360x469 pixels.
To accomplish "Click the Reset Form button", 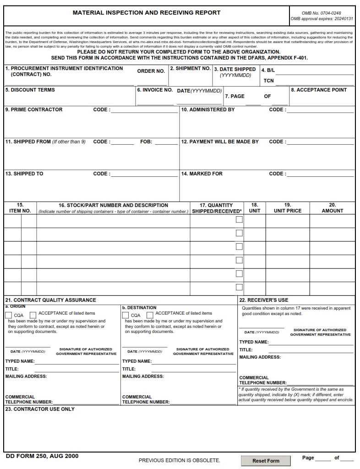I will point(266,461).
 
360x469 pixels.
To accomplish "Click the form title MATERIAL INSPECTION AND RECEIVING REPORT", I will point(147,13).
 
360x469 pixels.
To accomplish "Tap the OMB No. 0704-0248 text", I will point(322,13).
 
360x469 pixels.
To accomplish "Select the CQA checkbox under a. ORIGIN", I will point(9,315).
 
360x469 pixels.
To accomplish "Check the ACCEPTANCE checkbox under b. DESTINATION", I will point(150,315).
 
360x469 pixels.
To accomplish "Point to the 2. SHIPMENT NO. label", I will point(191,68).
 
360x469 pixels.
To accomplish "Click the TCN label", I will point(268,81).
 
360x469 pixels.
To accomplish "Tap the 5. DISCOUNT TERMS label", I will point(30,90).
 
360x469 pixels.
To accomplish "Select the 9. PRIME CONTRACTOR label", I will point(34,110).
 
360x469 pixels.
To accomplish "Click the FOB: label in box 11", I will point(146,142).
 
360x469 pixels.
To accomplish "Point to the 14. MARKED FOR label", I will point(202,174).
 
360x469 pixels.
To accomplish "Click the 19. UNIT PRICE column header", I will point(288,208).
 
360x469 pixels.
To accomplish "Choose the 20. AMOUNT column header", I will point(333,208).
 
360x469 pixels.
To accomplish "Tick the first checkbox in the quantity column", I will point(239,219).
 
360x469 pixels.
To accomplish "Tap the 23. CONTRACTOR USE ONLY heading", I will point(40,409).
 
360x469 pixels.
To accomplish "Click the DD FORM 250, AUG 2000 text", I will point(42,456).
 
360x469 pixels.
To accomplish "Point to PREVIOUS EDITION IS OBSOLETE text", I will point(179,460).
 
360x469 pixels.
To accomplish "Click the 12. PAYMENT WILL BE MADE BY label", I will point(220,142).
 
